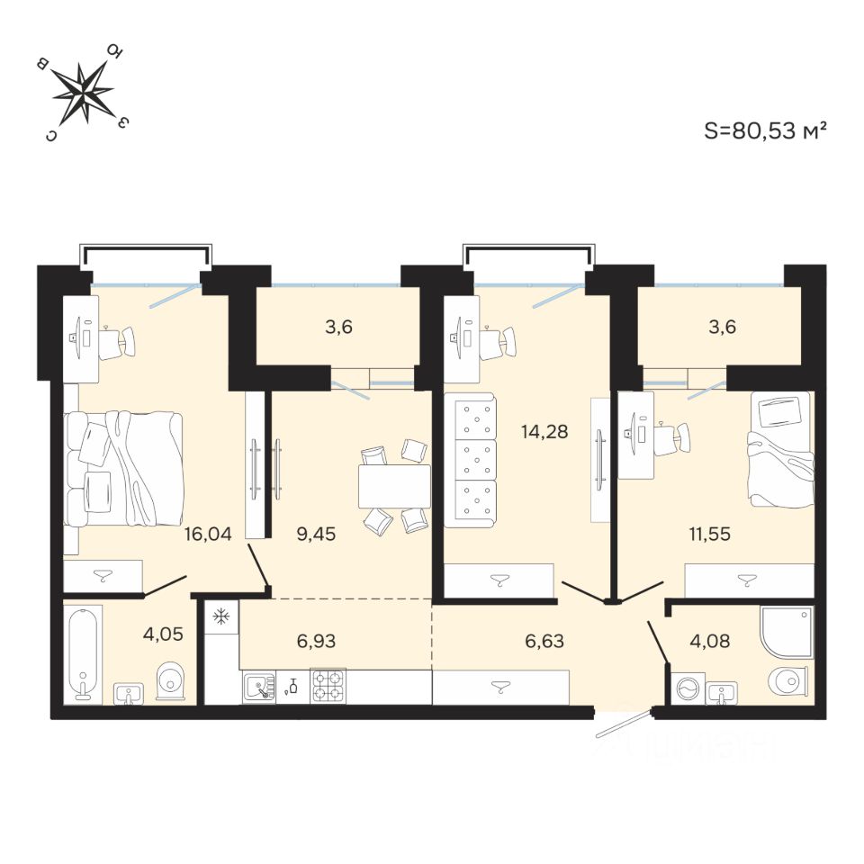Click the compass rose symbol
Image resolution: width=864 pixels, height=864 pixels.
(x=84, y=92)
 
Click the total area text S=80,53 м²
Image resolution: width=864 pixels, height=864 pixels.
(x=765, y=130)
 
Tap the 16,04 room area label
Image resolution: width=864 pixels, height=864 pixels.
(x=208, y=534)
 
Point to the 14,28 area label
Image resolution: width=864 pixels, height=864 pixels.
(x=544, y=431)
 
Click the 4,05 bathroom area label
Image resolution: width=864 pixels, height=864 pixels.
(x=164, y=633)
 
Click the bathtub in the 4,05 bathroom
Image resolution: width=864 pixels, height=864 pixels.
(x=84, y=652)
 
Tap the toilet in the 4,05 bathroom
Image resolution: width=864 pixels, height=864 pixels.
(x=170, y=681)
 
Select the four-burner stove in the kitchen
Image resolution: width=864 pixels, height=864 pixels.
(x=328, y=686)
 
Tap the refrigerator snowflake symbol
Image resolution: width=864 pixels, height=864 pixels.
(x=220, y=617)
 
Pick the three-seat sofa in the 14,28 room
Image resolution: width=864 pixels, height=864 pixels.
(x=471, y=463)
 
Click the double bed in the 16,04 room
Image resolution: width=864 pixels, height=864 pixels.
(x=124, y=468)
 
